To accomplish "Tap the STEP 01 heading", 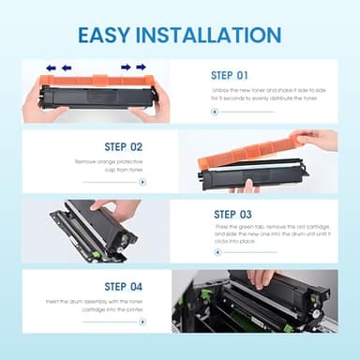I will point(231,74).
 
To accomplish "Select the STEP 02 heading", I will point(124,146).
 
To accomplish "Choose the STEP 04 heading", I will point(124,285).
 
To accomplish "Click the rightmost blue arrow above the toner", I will point(141,67).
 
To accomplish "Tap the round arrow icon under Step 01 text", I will point(215,111).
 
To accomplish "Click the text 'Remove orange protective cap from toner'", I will point(111,166).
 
